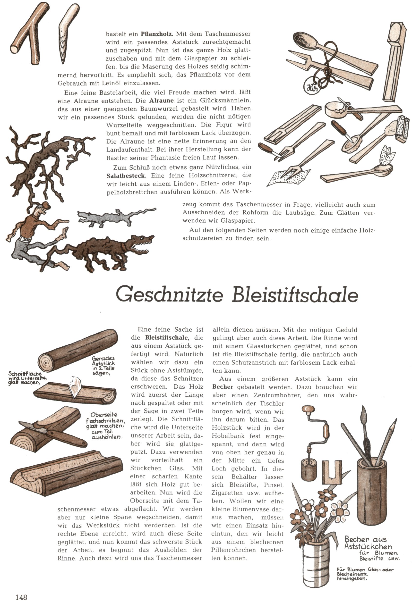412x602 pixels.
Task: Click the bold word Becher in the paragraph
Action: (x=223, y=387)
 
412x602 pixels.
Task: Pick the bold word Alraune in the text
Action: (x=162, y=100)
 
